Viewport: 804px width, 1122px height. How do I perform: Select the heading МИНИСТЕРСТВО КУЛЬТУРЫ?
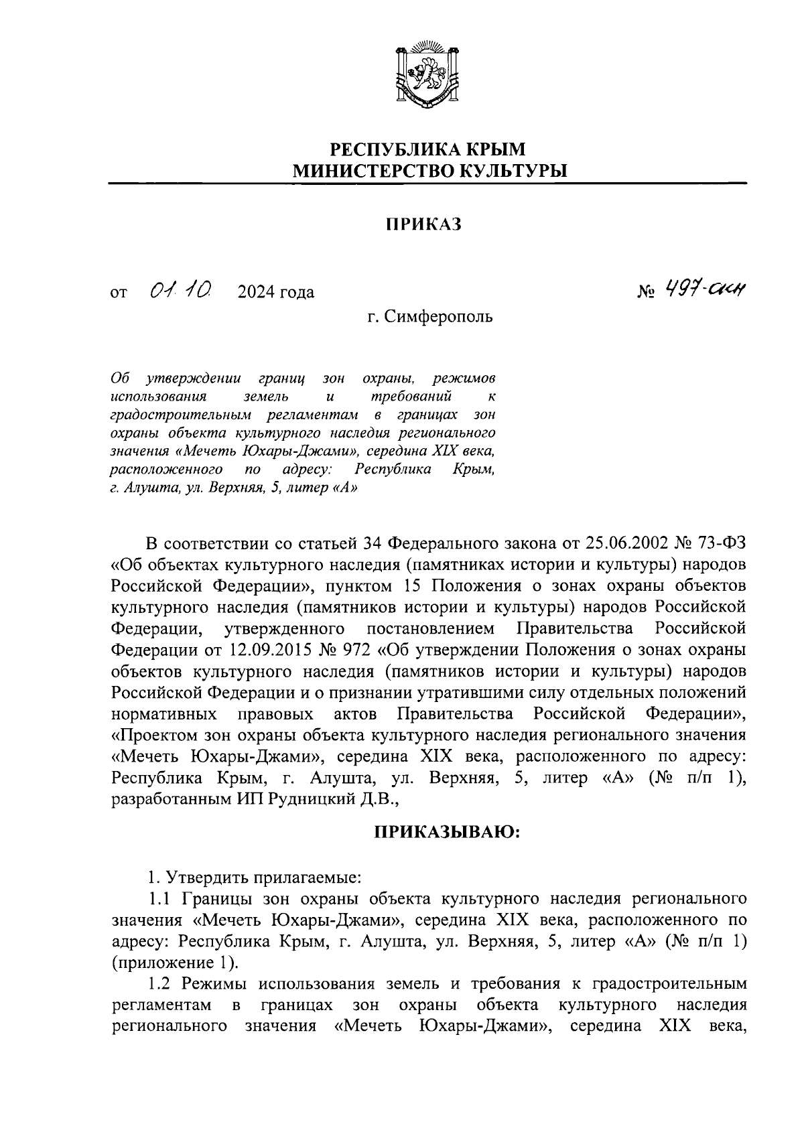(427, 171)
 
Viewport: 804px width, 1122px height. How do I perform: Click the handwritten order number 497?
(681, 289)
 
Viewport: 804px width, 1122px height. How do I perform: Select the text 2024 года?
(275, 293)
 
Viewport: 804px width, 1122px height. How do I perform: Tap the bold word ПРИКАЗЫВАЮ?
(446, 832)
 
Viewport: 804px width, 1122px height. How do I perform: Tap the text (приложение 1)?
(175, 963)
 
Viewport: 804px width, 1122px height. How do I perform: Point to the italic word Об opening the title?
(120, 380)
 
